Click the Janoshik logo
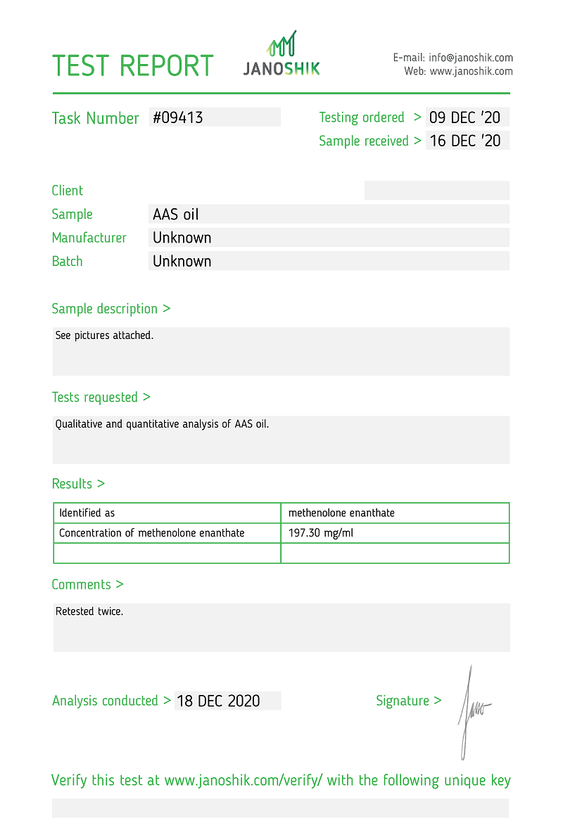click(x=281, y=54)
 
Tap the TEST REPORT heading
click(x=132, y=66)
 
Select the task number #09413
click(x=178, y=117)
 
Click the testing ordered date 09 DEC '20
click(x=464, y=117)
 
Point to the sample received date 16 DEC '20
click(x=464, y=141)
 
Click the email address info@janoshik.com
click(x=472, y=58)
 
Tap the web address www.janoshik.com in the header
click(x=471, y=71)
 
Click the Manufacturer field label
click(x=89, y=238)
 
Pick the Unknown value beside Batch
click(x=182, y=261)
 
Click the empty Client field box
click(x=436, y=190)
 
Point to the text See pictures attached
click(x=104, y=336)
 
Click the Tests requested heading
click(x=101, y=397)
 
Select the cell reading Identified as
click(x=87, y=513)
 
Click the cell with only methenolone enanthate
click(x=341, y=513)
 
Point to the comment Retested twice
click(x=89, y=611)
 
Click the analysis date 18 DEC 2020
click(x=218, y=701)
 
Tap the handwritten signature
click(x=472, y=710)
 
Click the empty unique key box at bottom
click(x=280, y=807)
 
